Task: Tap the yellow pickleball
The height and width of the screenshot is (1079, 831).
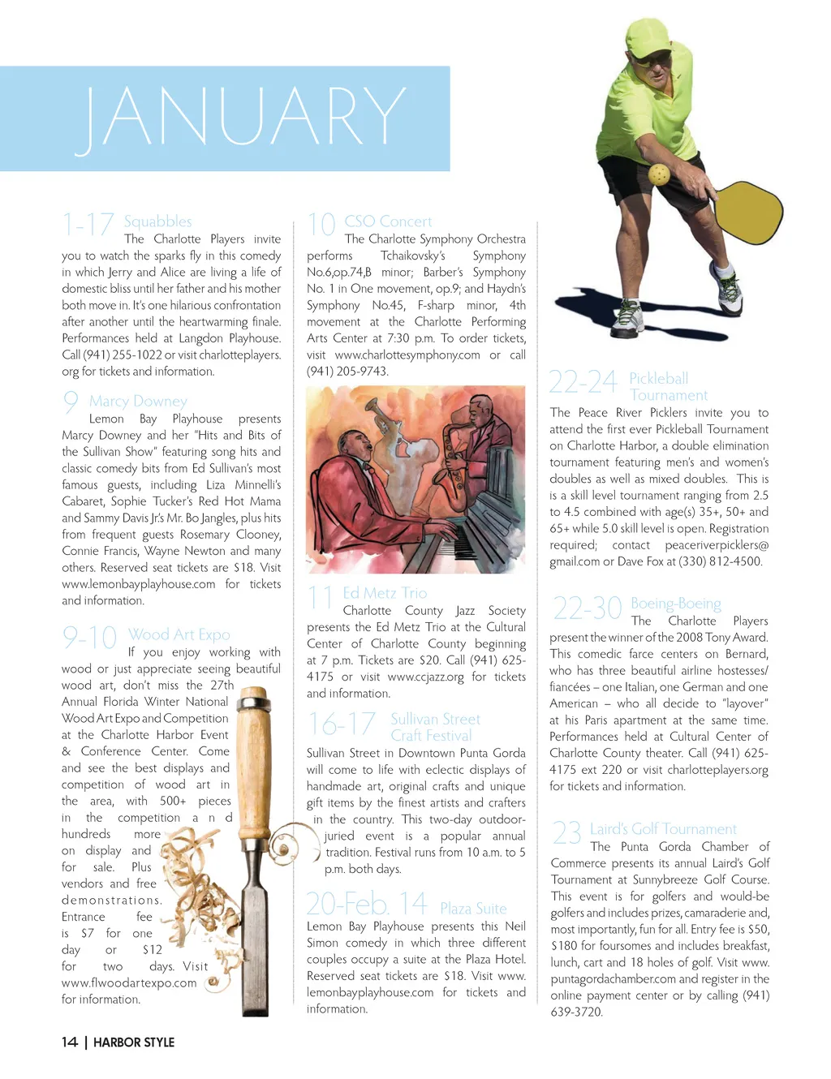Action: [659, 174]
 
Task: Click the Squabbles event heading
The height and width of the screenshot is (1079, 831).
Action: [157, 221]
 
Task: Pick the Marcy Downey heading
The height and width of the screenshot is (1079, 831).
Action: [138, 401]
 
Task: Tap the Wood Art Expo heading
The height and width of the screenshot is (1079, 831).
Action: [179, 634]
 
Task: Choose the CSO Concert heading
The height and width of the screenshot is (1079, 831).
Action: [388, 221]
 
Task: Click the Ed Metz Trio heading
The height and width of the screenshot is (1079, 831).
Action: [385, 593]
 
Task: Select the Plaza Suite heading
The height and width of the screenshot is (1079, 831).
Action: [473, 909]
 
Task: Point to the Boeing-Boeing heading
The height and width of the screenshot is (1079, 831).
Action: [676, 604]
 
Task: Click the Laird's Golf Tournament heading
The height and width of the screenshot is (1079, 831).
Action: [663, 829]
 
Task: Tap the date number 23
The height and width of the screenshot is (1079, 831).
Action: [566, 834]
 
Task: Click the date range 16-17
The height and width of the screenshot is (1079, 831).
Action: [342, 724]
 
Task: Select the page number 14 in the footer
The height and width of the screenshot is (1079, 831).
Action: [70, 1042]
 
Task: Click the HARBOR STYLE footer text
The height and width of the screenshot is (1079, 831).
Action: [134, 1042]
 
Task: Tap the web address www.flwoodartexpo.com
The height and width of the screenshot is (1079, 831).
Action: [129, 983]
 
